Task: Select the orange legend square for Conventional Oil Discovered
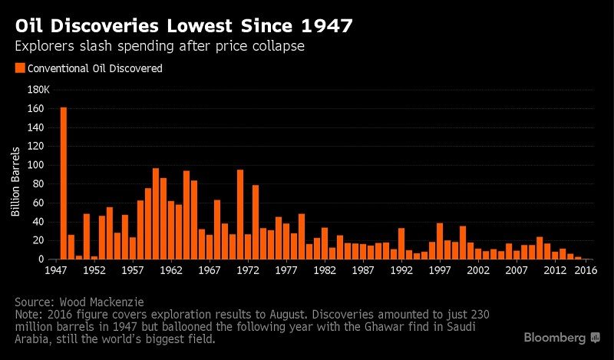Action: click(x=20, y=68)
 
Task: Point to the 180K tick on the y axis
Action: click(x=38, y=89)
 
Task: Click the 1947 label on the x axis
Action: click(x=55, y=271)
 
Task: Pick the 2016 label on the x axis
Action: click(x=586, y=271)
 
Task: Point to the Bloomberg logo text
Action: click(x=555, y=338)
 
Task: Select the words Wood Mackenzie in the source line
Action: click(x=104, y=302)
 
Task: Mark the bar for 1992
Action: click(x=401, y=244)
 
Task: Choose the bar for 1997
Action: click(x=440, y=241)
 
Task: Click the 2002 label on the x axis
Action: click(x=478, y=271)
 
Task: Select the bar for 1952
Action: click(x=94, y=258)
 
